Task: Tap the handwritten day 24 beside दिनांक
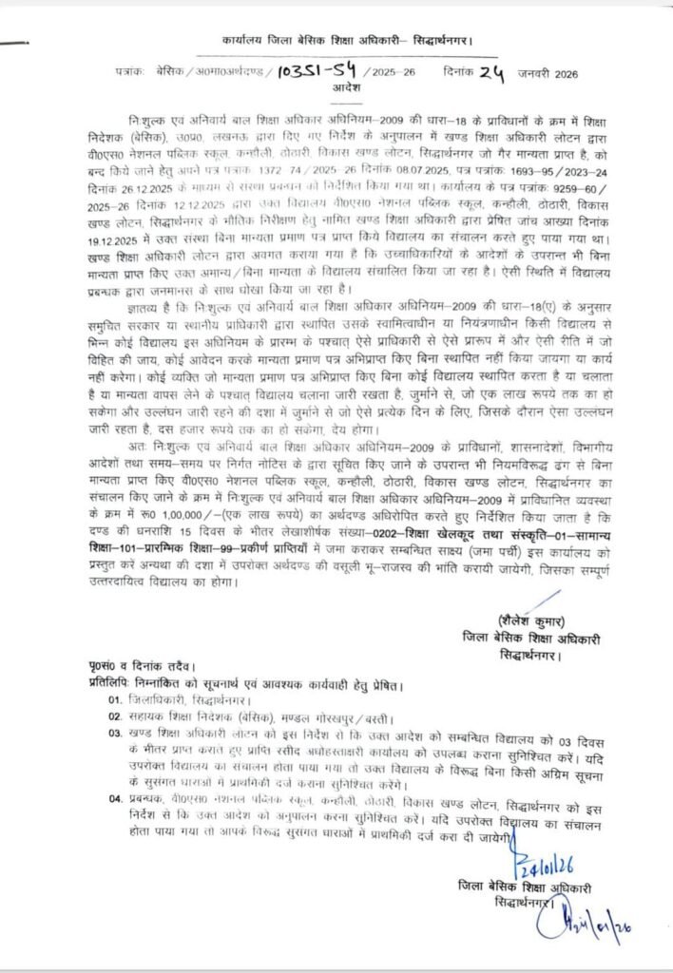[x=490, y=69]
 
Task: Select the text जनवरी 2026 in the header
[x=548, y=72]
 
